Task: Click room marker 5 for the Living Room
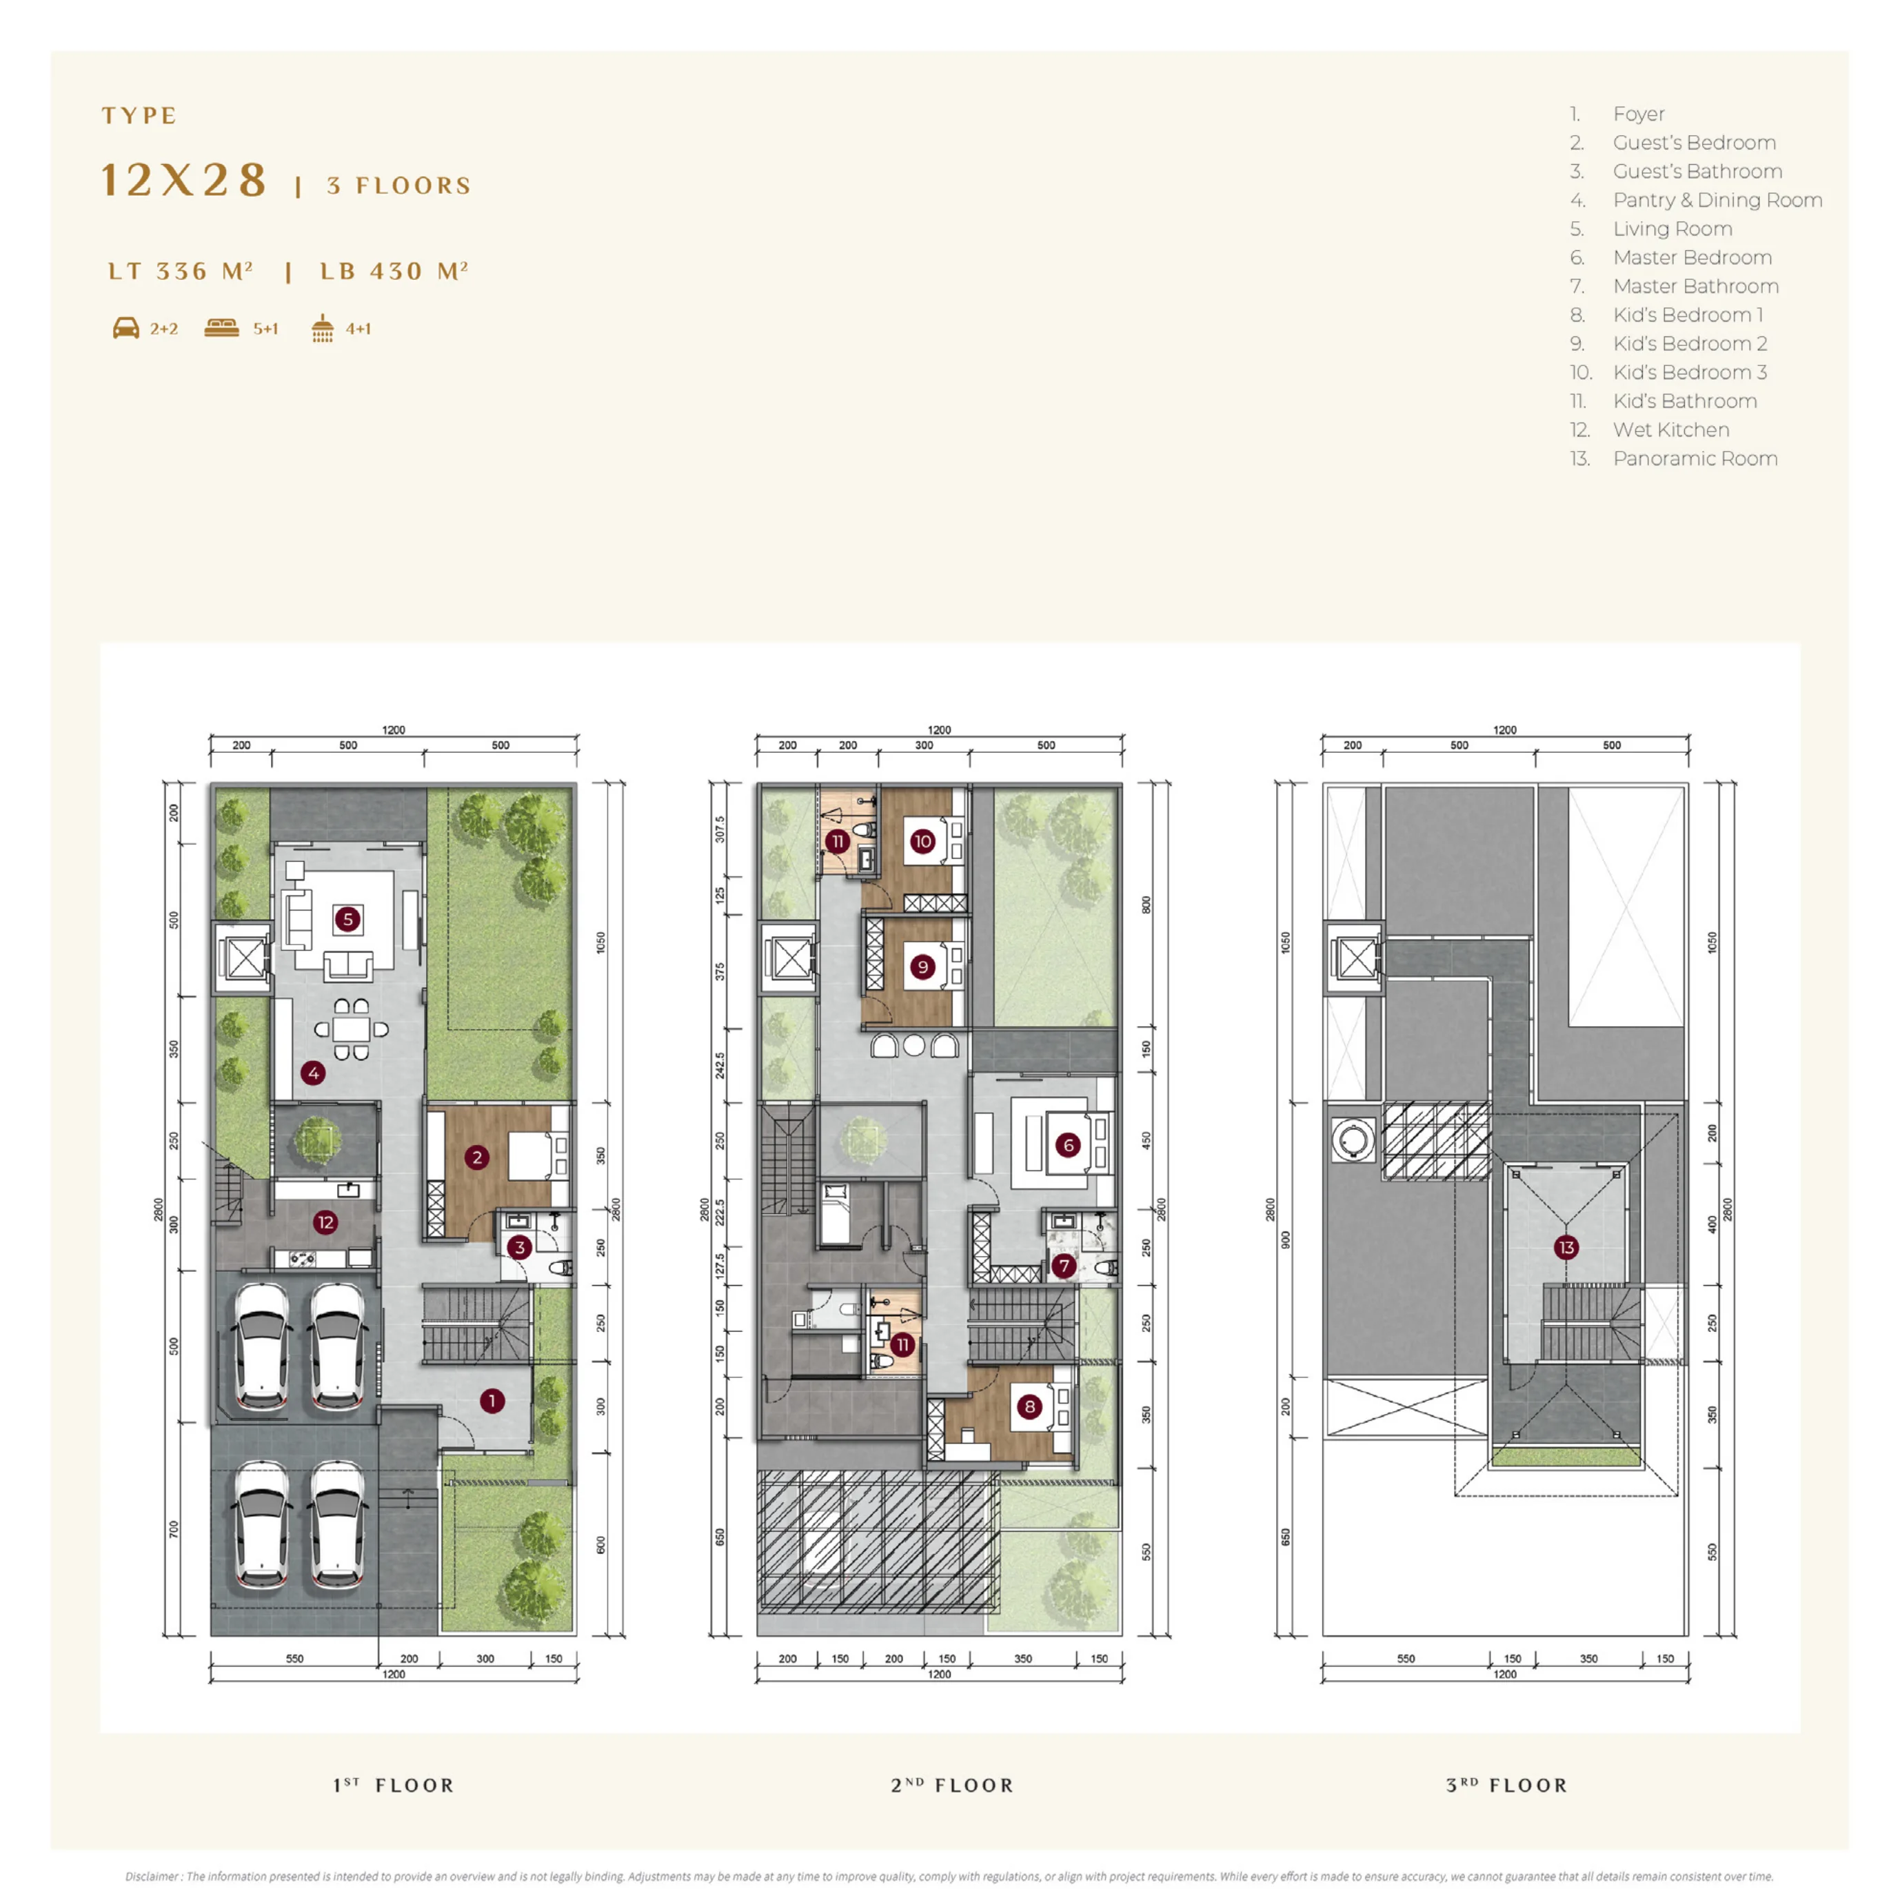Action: [347, 920]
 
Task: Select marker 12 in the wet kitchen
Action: [325, 1222]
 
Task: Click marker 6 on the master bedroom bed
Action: [1068, 1144]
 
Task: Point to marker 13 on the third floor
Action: [1566, 1247]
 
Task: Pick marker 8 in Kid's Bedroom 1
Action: [1030, 1406]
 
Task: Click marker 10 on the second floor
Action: [922, 841]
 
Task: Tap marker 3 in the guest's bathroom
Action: [519, 1247]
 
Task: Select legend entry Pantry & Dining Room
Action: [1717, 201]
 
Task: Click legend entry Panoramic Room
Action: [1695, 459]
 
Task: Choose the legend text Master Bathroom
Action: [1695, 286]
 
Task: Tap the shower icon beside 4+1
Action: [323, 328]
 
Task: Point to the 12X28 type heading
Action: [185, 181]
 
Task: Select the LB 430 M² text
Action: [394, 272]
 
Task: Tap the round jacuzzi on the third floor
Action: [1353, 1140]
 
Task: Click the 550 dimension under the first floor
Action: [295, 1658]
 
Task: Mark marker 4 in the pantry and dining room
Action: [313, 1073]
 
